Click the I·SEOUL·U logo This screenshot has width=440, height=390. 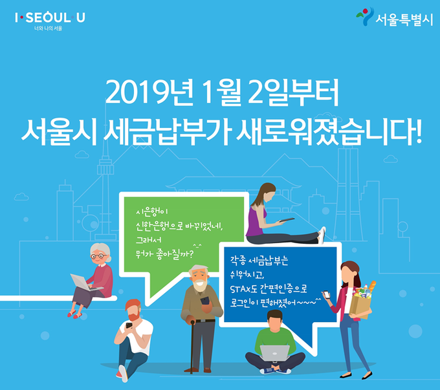point(50,17)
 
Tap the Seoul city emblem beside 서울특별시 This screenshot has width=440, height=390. point(365,16)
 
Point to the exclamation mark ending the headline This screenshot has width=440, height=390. point(418,131)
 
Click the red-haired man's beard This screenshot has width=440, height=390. point(134,316)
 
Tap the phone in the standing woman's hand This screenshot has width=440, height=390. point(326,295)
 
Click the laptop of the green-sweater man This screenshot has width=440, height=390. point(275,352)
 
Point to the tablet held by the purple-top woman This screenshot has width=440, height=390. point(286,220)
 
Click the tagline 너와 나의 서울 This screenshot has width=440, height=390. point(48,28)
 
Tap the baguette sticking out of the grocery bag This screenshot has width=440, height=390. point(371,287)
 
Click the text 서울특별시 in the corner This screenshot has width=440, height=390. point(404,19)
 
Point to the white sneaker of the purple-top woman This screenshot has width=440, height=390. point(322,235)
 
